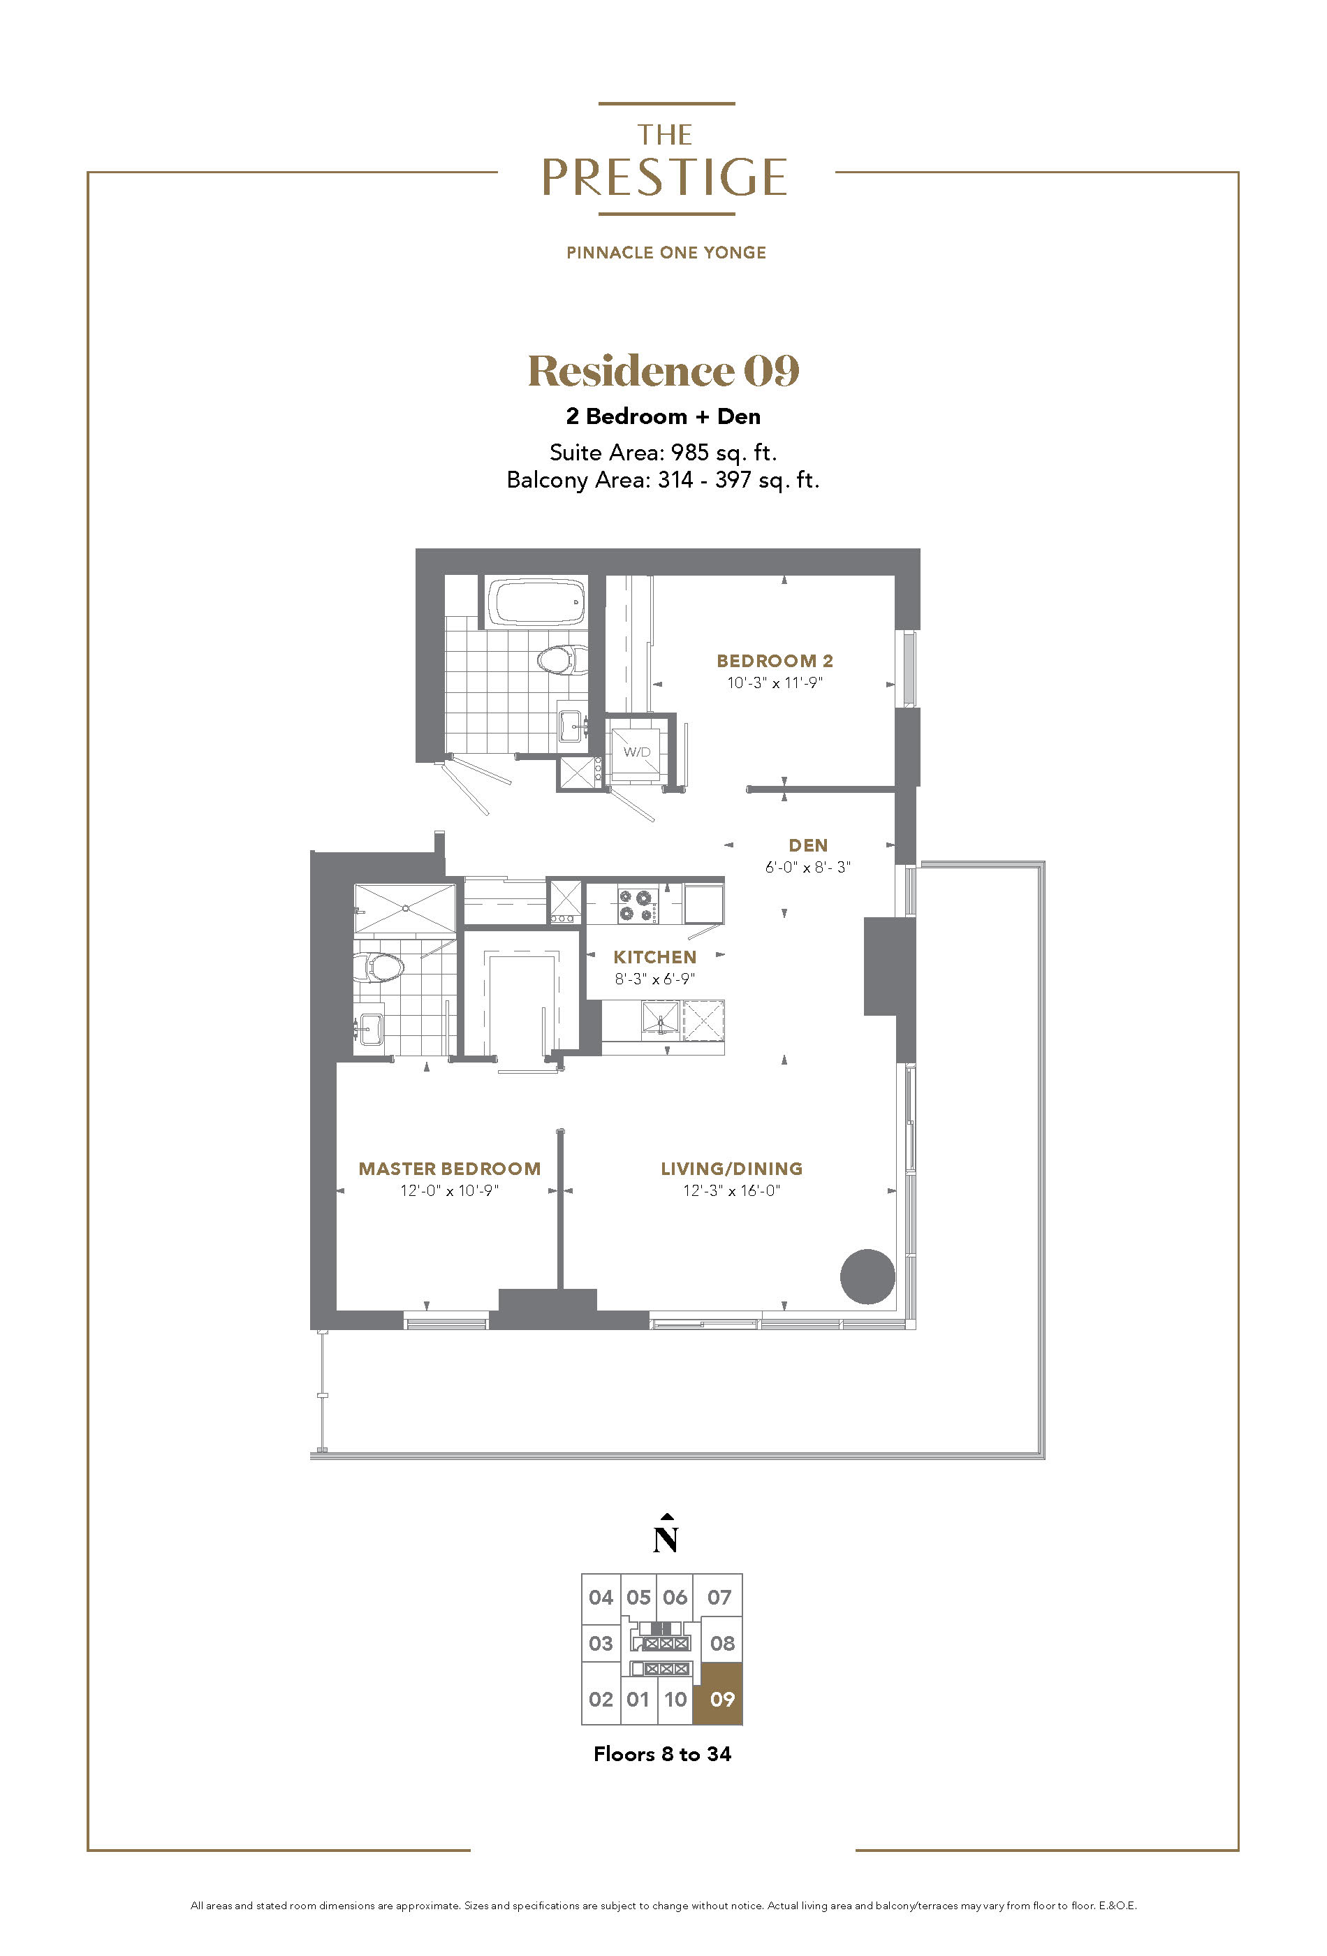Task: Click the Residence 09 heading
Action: coord(663,370)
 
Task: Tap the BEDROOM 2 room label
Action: coord(774,661)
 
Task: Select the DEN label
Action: coord(808,845)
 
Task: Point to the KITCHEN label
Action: coord(654,957)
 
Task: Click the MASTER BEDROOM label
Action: coord(449,1168)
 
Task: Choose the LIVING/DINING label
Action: coord(731,1168)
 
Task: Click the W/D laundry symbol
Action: coord(637,752)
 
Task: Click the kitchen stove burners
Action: coord(638,905)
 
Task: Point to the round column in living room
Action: coord(867,1276)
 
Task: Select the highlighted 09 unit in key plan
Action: coord(722,1700)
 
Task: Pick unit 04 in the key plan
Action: coord(601,1597)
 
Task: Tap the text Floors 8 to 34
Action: coord(662,1753)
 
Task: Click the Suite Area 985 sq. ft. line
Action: coord(663,452)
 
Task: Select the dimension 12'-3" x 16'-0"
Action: coord(731,1190)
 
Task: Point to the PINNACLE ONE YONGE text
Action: coord(666,252)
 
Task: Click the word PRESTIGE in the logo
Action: coord(664,177)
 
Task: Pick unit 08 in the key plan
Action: coord(722,1642)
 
